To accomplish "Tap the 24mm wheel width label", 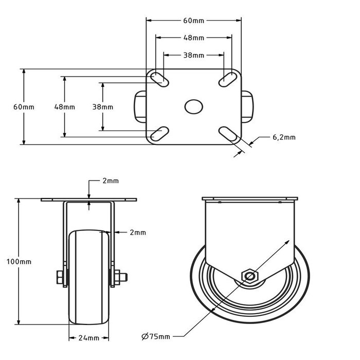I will click(89, 338).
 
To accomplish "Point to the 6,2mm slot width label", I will click(283, 137).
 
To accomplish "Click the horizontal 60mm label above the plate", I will click(194, 21).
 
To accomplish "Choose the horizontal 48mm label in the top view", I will click(194, 38).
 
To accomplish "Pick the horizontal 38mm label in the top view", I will click(194, 55).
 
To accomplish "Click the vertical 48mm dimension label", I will click(65, 107).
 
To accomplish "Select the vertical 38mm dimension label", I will click(103, 107).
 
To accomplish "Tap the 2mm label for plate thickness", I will click(110, 181).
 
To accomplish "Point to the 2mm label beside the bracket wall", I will click(137, 232).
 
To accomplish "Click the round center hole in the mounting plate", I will click(194, 106).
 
